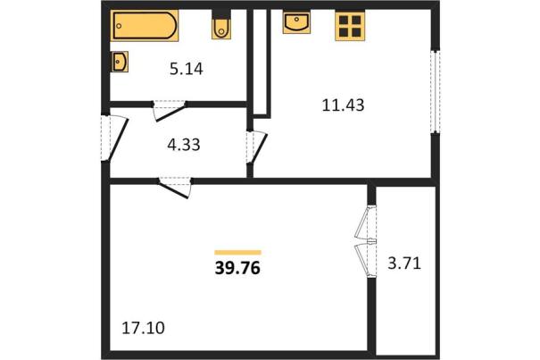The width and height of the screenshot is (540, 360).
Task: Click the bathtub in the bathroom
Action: click(145, 25)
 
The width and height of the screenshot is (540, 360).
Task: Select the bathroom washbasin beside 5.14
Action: click(120, 62)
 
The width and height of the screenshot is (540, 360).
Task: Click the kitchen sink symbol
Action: click(296, 21)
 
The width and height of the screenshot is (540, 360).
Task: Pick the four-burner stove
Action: click(350, 26)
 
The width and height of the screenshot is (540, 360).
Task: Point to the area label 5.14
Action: click(187, 69)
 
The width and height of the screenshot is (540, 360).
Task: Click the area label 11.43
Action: click(343, 105)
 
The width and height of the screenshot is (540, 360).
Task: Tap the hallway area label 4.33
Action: click(184, 145)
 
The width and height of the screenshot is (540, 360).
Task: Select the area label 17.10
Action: click(144, 328)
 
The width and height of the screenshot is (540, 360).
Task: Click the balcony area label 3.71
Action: click(404, 264)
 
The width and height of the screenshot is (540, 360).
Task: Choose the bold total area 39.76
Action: click(237, 268)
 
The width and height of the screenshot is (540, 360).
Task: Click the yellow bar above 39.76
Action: click(237, 253)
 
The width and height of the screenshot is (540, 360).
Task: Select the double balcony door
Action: click(367, 241)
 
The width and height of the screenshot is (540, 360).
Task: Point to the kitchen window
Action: click(436, 91)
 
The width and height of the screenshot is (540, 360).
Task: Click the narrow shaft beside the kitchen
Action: click(261, 62)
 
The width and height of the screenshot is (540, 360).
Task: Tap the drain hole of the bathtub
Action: click(120, 26)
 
